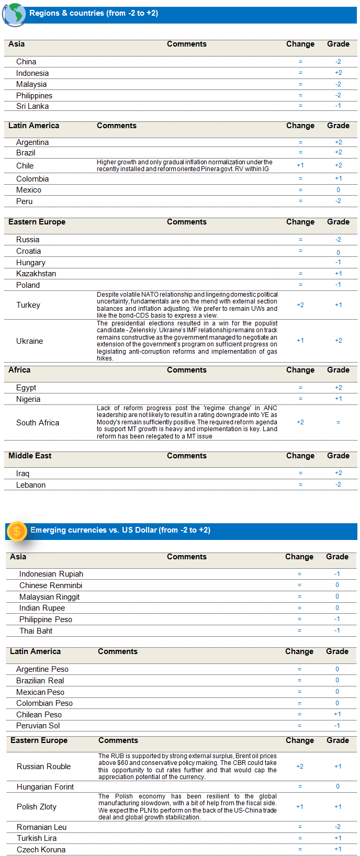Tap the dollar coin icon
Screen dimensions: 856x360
[x=17, y=531]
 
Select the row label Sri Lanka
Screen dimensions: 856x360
[x=32, y=106]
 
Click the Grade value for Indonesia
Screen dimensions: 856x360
[x=339, y=73]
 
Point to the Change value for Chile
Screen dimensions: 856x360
[x=300, y=165]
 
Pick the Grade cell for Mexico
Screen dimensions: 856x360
[x=339, y=190]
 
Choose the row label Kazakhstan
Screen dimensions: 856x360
[x=36, y=274]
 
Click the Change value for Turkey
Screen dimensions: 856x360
[x=300, y=305]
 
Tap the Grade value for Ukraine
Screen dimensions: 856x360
[x=339, y=341]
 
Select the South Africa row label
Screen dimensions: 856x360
[x=38, y=423]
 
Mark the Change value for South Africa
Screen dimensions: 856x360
[x=300, y=422]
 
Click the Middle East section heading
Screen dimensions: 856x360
[x=30, y=456]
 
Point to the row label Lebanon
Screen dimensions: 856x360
[x=31, y=485]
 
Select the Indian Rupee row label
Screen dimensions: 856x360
[x=42, y=608]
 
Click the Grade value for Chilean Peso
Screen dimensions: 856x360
[x=337, y=714]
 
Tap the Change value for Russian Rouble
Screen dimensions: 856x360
[x=300, y=767]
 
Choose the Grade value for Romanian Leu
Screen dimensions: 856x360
[x=337, y=827]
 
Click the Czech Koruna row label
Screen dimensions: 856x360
[x=41, y=850]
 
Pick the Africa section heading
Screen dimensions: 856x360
[x=19, y=370]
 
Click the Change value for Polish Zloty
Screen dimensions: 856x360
[x=300, y=807]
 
